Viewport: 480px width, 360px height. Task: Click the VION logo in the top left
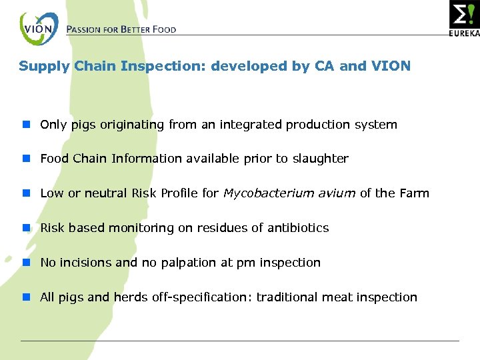(39, 29)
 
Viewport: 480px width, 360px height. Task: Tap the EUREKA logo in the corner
(465, 18)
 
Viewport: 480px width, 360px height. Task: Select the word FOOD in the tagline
(162, 29)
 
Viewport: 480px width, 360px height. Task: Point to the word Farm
(414, 193)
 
